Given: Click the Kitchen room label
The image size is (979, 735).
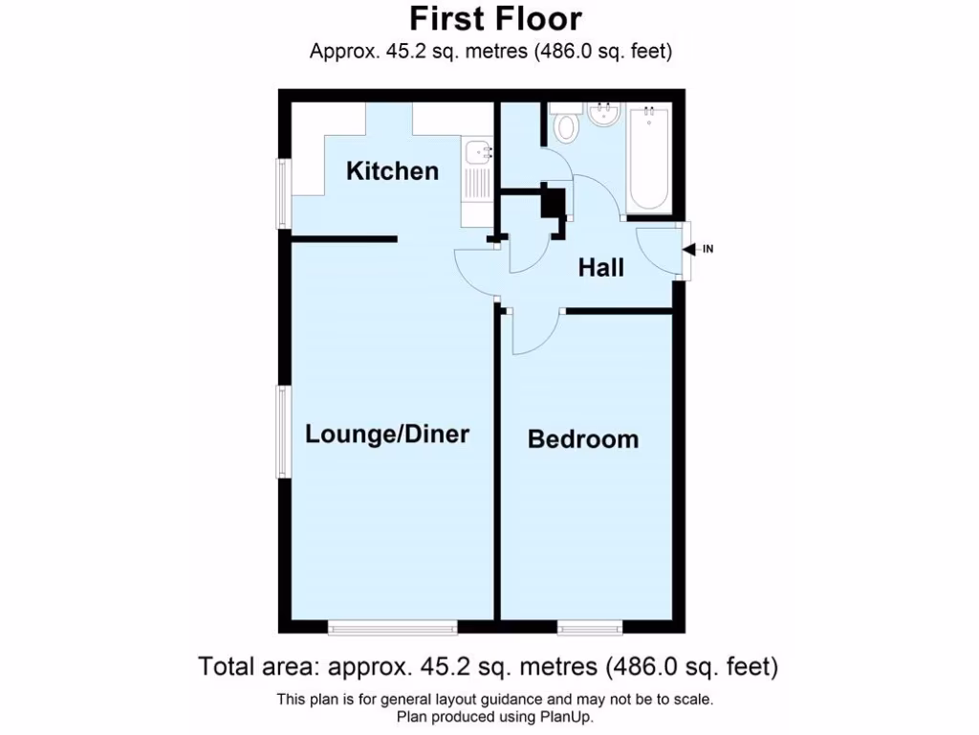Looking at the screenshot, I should click(392, 171).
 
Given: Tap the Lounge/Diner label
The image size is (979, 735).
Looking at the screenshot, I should click(387, 434).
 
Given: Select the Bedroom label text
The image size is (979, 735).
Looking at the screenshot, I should click(583, 439).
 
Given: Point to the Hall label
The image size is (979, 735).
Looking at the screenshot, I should click(600, 268).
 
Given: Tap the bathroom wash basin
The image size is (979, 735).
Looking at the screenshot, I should click(602, 118).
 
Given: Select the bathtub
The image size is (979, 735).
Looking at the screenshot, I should click(648, 158).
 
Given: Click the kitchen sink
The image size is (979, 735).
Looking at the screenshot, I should click(475, 152).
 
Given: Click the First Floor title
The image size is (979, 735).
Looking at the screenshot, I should click(495, 18).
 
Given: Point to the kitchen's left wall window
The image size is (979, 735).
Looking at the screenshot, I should click(283, 194).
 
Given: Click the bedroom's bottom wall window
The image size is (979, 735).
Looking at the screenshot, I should click(590, 628).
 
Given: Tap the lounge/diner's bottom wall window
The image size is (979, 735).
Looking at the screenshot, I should click(392, 628).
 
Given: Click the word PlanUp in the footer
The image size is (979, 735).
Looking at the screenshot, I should click(573, 717).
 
